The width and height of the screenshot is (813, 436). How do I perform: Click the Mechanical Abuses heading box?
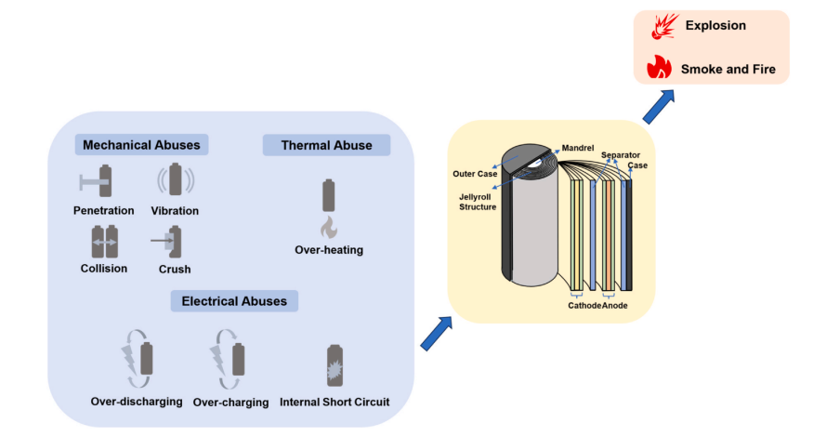(141, 145)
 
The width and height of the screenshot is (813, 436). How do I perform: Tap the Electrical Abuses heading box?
(234, 300)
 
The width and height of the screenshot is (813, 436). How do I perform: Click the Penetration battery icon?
(104, 181)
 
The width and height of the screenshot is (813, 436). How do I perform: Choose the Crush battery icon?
(172, 242)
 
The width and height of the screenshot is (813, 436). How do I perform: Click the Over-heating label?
(328, 250)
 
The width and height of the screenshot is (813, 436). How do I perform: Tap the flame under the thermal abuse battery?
(328, 226)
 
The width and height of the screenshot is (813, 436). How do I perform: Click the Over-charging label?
(230, 403)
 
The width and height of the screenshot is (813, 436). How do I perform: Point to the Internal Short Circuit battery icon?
(334, 364)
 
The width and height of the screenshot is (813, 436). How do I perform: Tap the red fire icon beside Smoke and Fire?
(659, 66)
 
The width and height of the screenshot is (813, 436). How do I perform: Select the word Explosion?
(715, 26)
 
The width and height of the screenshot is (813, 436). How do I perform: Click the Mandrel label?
(577, 148)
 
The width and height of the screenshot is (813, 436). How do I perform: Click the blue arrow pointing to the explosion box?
(657, 105)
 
